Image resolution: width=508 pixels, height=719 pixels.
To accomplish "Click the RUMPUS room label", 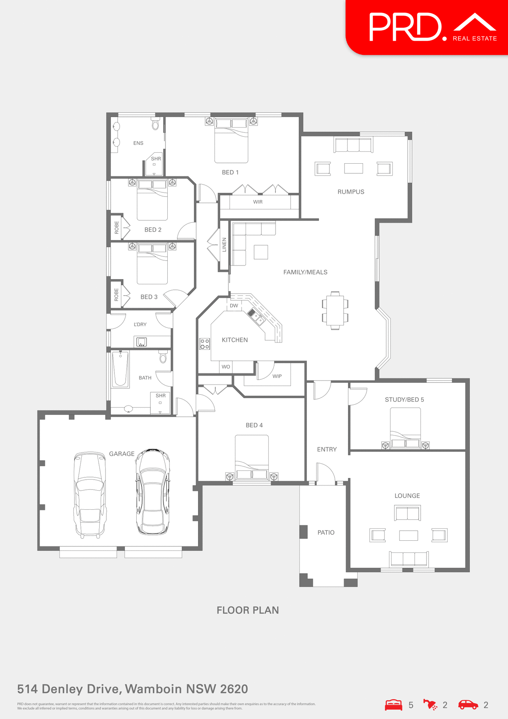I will [x=351, y=192].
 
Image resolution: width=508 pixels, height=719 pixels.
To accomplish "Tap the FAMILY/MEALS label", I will [x=305, y=272].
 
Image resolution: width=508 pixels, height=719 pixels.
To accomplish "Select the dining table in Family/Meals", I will [x=335, y=310].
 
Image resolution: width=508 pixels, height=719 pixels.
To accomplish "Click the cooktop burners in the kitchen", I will [x=204, y=344].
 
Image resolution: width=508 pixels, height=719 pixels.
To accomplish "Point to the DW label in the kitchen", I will [x=234, y=306].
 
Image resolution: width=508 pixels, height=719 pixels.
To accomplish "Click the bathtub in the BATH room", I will [x=121, y=369].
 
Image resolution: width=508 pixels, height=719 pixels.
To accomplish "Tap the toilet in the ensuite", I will [x=155, y=124].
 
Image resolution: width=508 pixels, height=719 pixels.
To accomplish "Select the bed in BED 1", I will [x=231, y=141].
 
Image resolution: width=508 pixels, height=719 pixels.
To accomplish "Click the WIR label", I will [x=258, y=202].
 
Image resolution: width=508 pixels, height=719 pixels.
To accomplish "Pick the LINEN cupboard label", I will [x=224, y=245].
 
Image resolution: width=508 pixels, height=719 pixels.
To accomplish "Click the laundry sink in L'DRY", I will [x=141, y=342].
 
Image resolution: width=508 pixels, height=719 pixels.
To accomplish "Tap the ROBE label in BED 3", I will [x=116, y=295].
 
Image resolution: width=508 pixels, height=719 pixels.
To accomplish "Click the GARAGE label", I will [x=122, y=454].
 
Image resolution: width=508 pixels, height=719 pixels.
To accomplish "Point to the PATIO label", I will [x=326, y=533].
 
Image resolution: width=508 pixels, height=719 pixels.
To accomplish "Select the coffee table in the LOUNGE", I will [x=408, y=536].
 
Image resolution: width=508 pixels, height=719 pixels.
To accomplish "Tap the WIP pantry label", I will [x=277, y=376].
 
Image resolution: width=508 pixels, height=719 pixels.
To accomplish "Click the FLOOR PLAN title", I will [x=248, y=610].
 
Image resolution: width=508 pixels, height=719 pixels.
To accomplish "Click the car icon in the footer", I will [x=468, y=705].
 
